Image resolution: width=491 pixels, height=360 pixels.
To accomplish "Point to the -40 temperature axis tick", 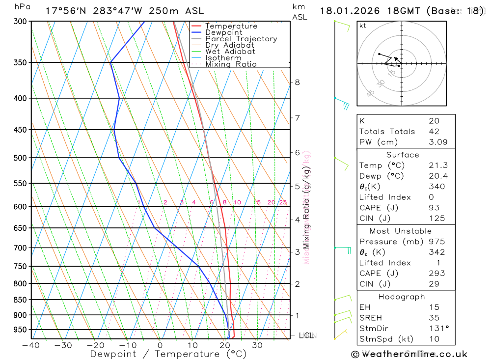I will [31, 345].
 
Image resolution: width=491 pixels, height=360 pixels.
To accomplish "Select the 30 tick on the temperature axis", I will [257, 345].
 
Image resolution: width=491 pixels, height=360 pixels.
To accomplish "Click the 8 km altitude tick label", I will [297, 82].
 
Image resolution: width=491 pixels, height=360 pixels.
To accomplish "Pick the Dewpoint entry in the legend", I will [224, 32].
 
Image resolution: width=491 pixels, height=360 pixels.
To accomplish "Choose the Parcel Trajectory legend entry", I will [241, 39].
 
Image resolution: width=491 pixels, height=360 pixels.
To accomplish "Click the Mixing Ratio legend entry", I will [231, 64].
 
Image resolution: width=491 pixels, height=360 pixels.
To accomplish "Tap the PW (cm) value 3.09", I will [434, 142].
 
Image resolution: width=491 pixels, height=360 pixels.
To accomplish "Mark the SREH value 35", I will [434, 318].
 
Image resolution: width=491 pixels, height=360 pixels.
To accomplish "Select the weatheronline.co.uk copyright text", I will [409, 354].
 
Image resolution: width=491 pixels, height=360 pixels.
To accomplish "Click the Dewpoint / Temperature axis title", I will [168, 354].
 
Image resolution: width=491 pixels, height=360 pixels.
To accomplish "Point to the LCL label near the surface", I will [306, 336].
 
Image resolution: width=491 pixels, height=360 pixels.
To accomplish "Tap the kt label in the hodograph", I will [363, 26].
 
